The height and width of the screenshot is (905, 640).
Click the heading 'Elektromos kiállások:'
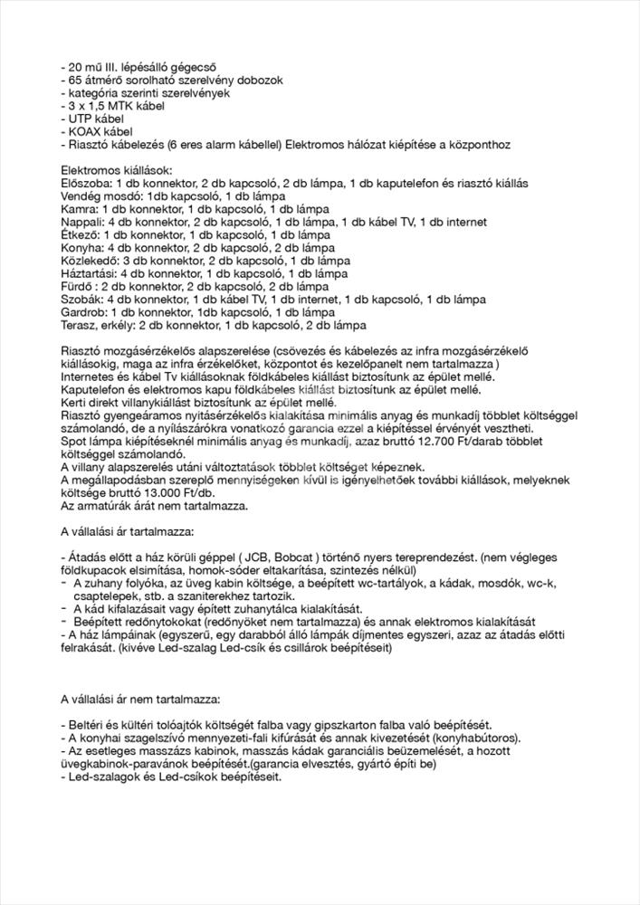point(116,170)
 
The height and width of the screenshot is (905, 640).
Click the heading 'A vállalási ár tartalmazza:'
point(133,530)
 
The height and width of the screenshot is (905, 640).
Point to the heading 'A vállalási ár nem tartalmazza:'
point(146,699)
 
